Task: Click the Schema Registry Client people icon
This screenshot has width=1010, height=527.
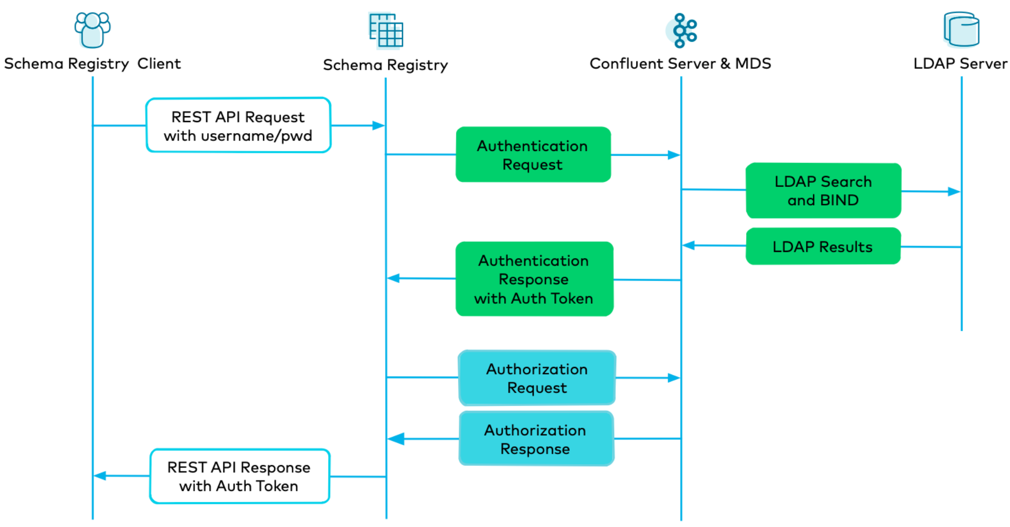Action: (x=92, y=30)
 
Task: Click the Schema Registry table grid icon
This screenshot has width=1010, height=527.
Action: (x=386, y=31)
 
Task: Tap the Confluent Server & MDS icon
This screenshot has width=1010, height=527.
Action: (x=682, y=31)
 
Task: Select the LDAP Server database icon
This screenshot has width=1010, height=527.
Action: (x=961, y=30)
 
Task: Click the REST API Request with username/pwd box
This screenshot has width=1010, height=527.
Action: (x=238, y=126)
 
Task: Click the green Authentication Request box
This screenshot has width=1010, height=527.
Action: (x=533, y=155)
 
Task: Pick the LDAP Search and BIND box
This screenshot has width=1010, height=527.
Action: (x=823, y=191)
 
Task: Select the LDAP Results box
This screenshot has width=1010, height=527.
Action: (x=823, y=247)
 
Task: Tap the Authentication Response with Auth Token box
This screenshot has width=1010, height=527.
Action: (x=534, y=279)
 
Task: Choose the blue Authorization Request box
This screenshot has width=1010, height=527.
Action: (x=536, y=378)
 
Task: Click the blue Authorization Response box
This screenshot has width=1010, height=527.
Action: (x=535, y=439)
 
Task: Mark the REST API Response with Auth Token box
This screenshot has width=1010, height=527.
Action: (x=239, y=476)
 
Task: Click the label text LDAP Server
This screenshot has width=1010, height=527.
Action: (x=960, y=64)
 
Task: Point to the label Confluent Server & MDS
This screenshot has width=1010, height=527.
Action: (x=680, y=64)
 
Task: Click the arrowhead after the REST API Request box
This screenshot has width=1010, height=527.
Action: (x=378, y=126)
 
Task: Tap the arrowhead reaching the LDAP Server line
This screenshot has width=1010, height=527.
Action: (x=953, y=192)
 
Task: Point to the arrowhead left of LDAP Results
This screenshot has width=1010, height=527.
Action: (x=689, y=246)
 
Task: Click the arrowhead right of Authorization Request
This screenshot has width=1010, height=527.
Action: (x=673, y=378)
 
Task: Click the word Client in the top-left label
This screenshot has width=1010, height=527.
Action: (x=159, y=64)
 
